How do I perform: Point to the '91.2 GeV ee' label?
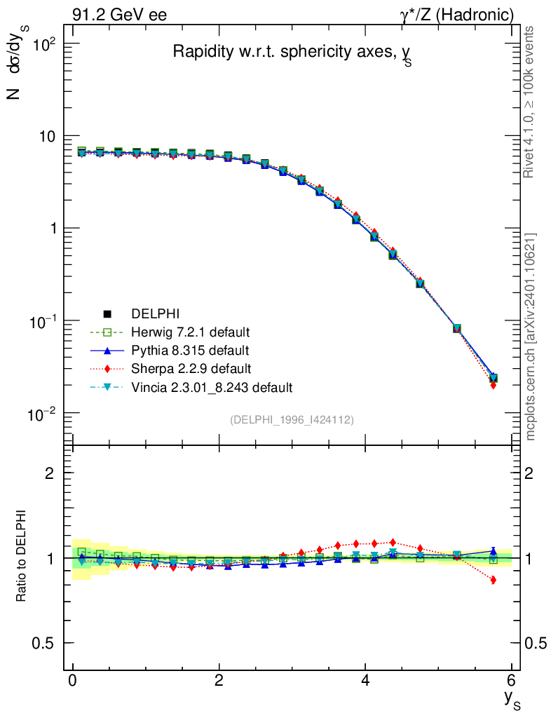(x=119, y=15)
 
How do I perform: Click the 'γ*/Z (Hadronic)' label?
(x=456, y=15)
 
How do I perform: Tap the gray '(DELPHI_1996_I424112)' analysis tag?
(x=291, y=419)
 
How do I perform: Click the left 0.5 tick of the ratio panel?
(x=44, y=643)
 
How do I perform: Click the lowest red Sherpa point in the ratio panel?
(x=494, y=580)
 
